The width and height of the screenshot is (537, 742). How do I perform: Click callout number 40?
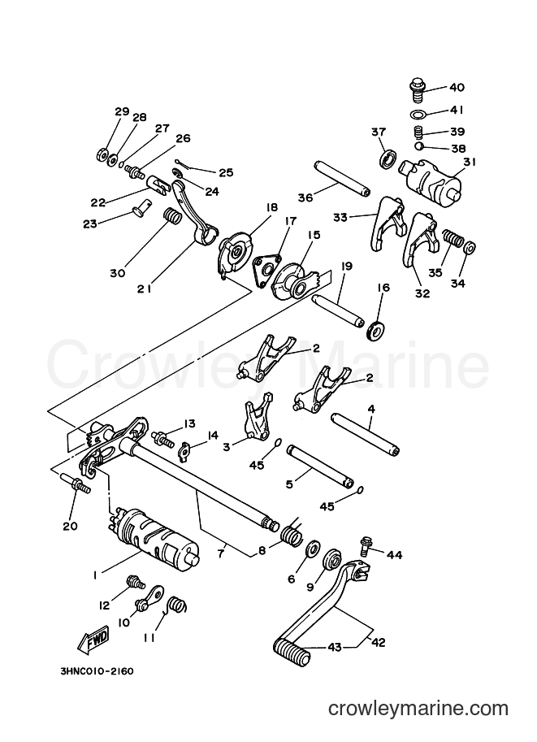click(457, 87)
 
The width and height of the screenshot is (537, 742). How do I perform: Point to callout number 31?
click(470, 162)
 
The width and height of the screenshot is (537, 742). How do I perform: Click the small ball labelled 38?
click(418, 146)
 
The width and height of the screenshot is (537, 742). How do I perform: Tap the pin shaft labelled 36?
click(341, 178)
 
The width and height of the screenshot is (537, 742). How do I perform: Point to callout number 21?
click(145, 288)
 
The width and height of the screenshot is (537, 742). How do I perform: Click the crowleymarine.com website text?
click(418, 709)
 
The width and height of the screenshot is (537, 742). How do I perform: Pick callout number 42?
click(378, 642)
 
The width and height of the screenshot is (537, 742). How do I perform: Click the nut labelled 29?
click(102, 155)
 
